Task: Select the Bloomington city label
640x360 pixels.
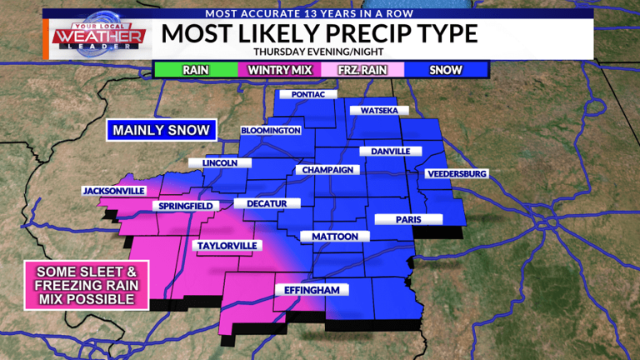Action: click(270, 131)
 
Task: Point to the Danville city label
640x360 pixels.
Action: click(385, 152)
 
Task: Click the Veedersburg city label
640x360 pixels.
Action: click(455, 173)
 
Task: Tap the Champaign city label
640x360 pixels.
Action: click(328, 170)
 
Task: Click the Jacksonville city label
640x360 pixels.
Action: click(113, 191)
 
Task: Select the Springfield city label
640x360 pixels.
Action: click(185, 206)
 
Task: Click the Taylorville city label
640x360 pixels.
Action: click(227, 245)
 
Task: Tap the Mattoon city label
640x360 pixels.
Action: click(334, 237)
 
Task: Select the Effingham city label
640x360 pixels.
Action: click(312, 290)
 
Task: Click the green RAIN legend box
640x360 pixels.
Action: click(195, 69)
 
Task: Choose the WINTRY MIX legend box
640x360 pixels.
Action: click(279, 69)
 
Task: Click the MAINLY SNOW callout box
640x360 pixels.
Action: click(162, 130)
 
